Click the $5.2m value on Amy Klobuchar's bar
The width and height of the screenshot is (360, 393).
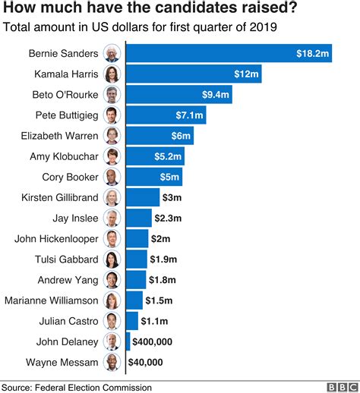click(169, 156)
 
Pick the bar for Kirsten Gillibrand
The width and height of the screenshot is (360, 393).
click(143, 197)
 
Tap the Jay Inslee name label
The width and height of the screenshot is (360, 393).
click(77, 218)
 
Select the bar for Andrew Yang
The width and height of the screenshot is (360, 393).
click(136, 279)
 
